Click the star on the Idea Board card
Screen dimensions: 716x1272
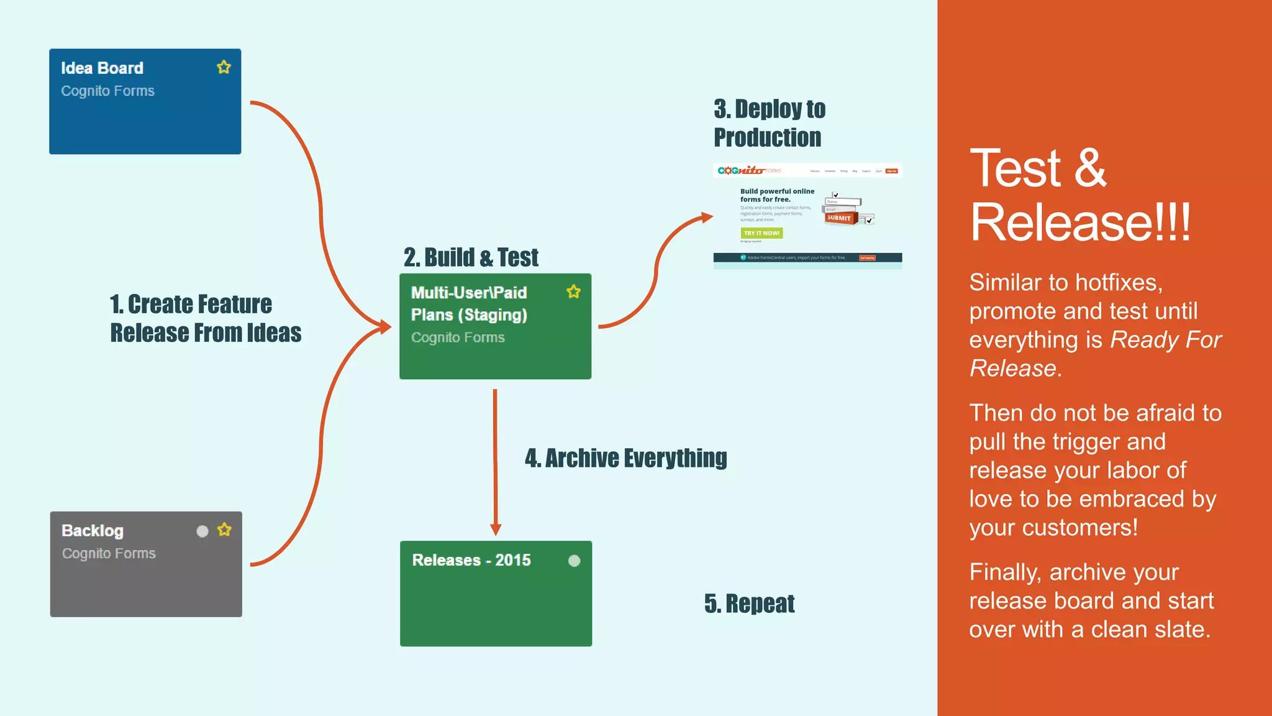[x=224, y=67]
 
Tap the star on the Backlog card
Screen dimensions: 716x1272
[x=224, y=530]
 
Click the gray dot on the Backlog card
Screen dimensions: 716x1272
[x=202, y=531]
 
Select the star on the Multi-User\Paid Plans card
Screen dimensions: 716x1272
[x=573, y=291]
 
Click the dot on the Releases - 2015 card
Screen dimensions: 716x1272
[x=574, y=561]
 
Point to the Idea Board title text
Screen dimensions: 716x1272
[x=102, y=68]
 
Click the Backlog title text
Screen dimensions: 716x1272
[x=93, y=531]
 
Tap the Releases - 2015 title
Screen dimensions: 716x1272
[x=471, y=560]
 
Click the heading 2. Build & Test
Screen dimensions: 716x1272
[x=471, y=257]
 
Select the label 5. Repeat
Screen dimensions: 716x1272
[x=749, y=604]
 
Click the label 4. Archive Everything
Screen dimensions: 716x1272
[x=625, y=458]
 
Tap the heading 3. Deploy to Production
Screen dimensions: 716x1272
[x=769, y=123]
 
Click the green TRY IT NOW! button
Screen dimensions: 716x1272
[x=761, y=233]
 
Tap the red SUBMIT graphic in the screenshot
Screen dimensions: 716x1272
[x=839, y=218]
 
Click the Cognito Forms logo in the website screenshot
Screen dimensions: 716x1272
[x=748, y=170]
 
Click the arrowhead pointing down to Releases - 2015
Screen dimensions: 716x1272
[x=496, y=529]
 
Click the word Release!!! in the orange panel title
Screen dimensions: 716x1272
[x=1080, y=222]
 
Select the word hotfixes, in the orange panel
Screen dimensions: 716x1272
[x=1119, y=283]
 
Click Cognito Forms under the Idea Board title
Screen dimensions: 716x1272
[x=107, y=91]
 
